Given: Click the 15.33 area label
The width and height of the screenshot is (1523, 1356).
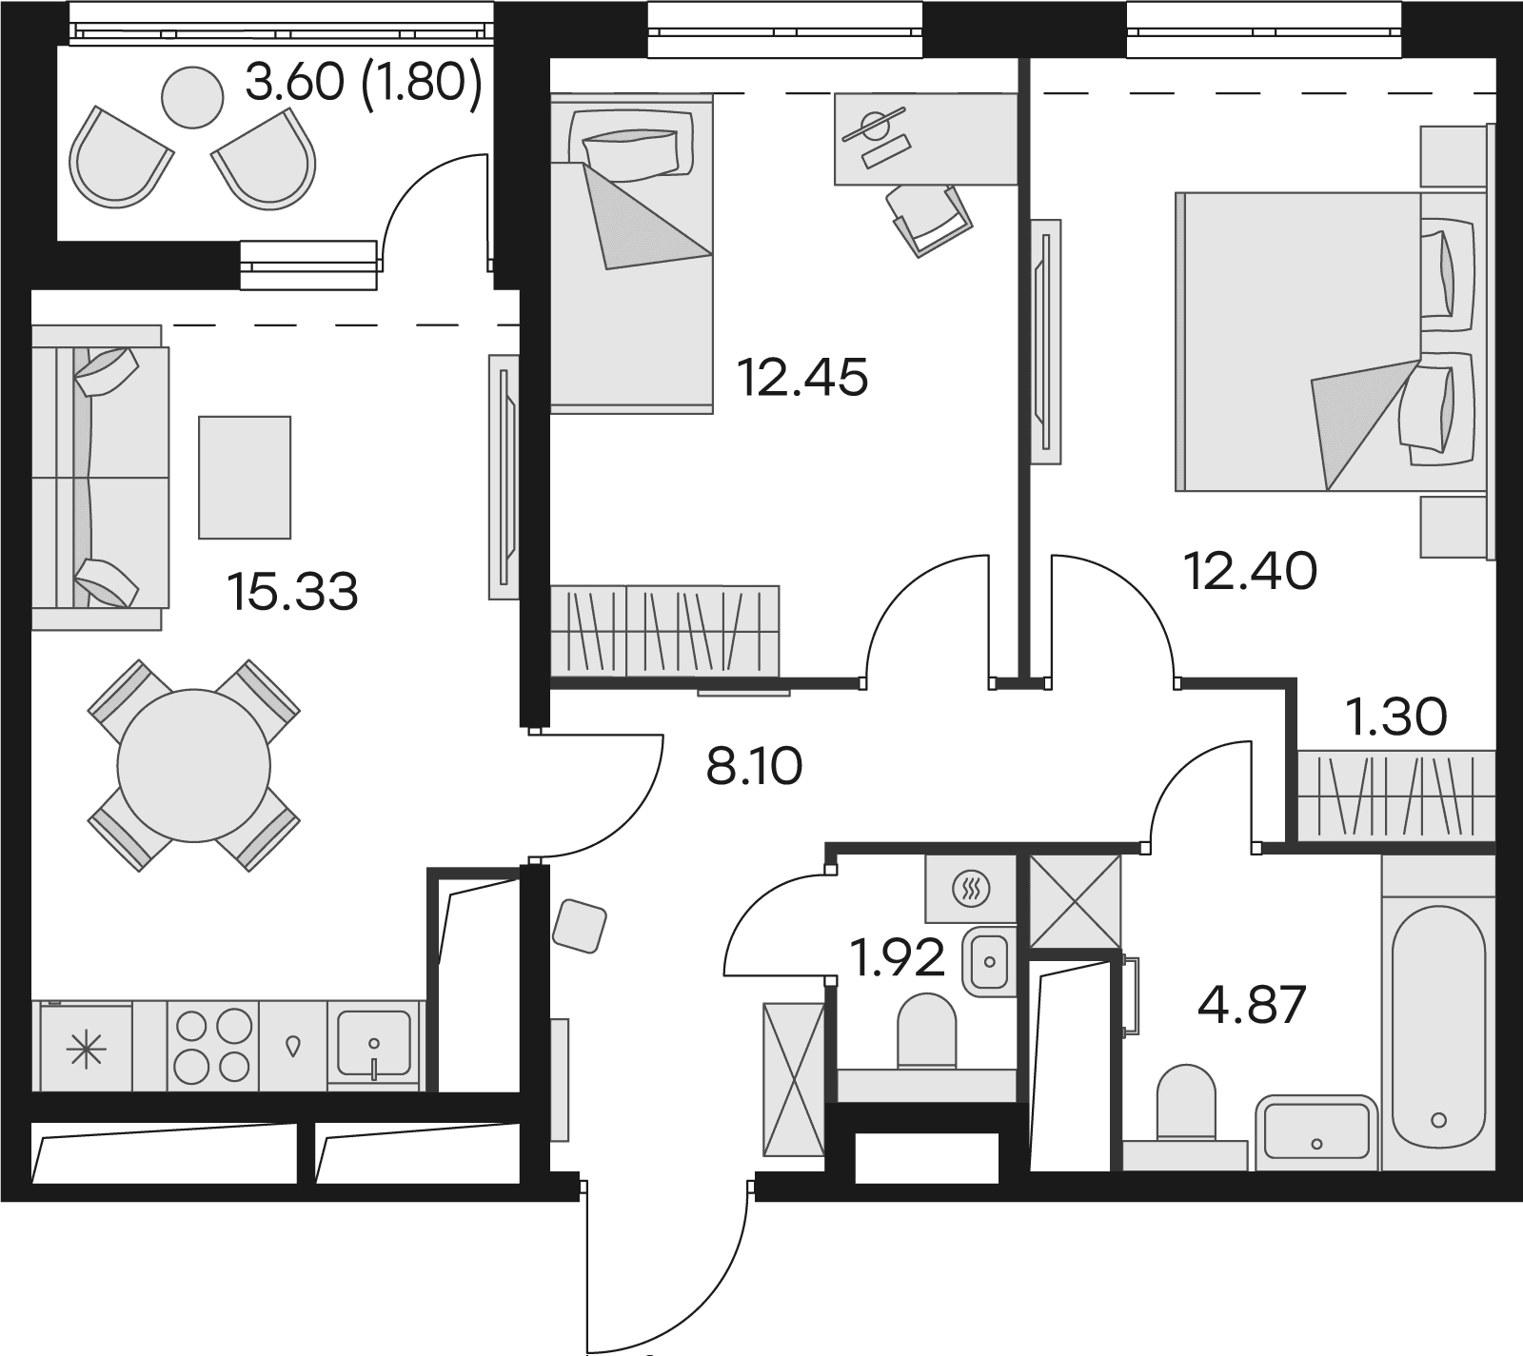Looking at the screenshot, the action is tap(293, 592).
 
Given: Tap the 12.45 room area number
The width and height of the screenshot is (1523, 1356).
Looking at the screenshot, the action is tap(803, 378).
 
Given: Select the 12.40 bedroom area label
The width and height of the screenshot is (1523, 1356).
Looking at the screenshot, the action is tap(1250, 571).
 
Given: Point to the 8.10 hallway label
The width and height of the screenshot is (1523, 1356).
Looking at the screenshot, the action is tap(755, 766).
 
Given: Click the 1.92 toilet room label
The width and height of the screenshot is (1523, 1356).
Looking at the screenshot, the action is tap(898, 958).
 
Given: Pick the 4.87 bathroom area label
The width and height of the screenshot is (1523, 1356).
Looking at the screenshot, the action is tap(1251, 1005).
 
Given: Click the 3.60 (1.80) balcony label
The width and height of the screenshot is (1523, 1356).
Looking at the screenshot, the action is tap(363, 84).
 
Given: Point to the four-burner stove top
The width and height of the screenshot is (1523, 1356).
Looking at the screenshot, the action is tap(213, 1046).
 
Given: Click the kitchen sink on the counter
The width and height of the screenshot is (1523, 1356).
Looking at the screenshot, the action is tap(374, 1045).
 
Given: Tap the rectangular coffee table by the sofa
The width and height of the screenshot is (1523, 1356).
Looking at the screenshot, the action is tap(245, 477).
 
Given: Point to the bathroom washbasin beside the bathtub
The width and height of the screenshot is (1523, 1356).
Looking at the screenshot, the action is tap(1316, 1132).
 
